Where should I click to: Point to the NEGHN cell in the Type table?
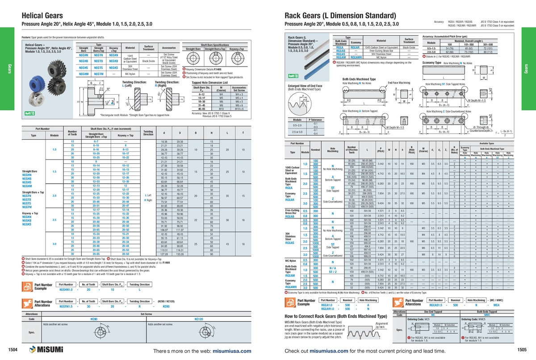83,55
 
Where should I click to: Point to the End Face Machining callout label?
399,83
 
